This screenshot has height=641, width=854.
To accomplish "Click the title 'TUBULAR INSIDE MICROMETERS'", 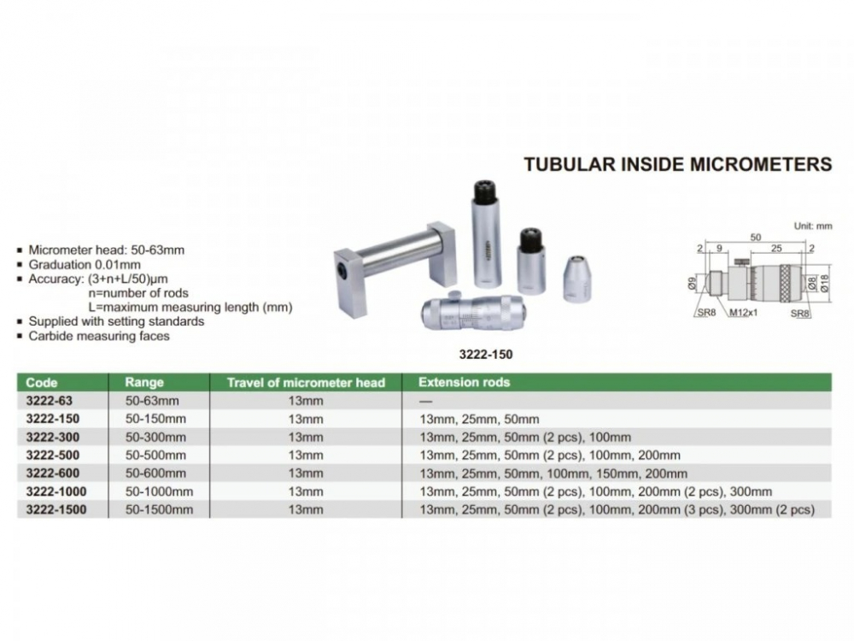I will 677,164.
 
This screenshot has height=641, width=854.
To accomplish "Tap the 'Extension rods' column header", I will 464,382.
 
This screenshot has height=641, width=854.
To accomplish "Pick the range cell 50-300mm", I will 151,437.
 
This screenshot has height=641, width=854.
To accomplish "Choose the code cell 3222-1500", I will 56,509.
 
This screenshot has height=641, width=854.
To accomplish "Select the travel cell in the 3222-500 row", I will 306,455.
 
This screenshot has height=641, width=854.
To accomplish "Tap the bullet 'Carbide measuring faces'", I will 99,336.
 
